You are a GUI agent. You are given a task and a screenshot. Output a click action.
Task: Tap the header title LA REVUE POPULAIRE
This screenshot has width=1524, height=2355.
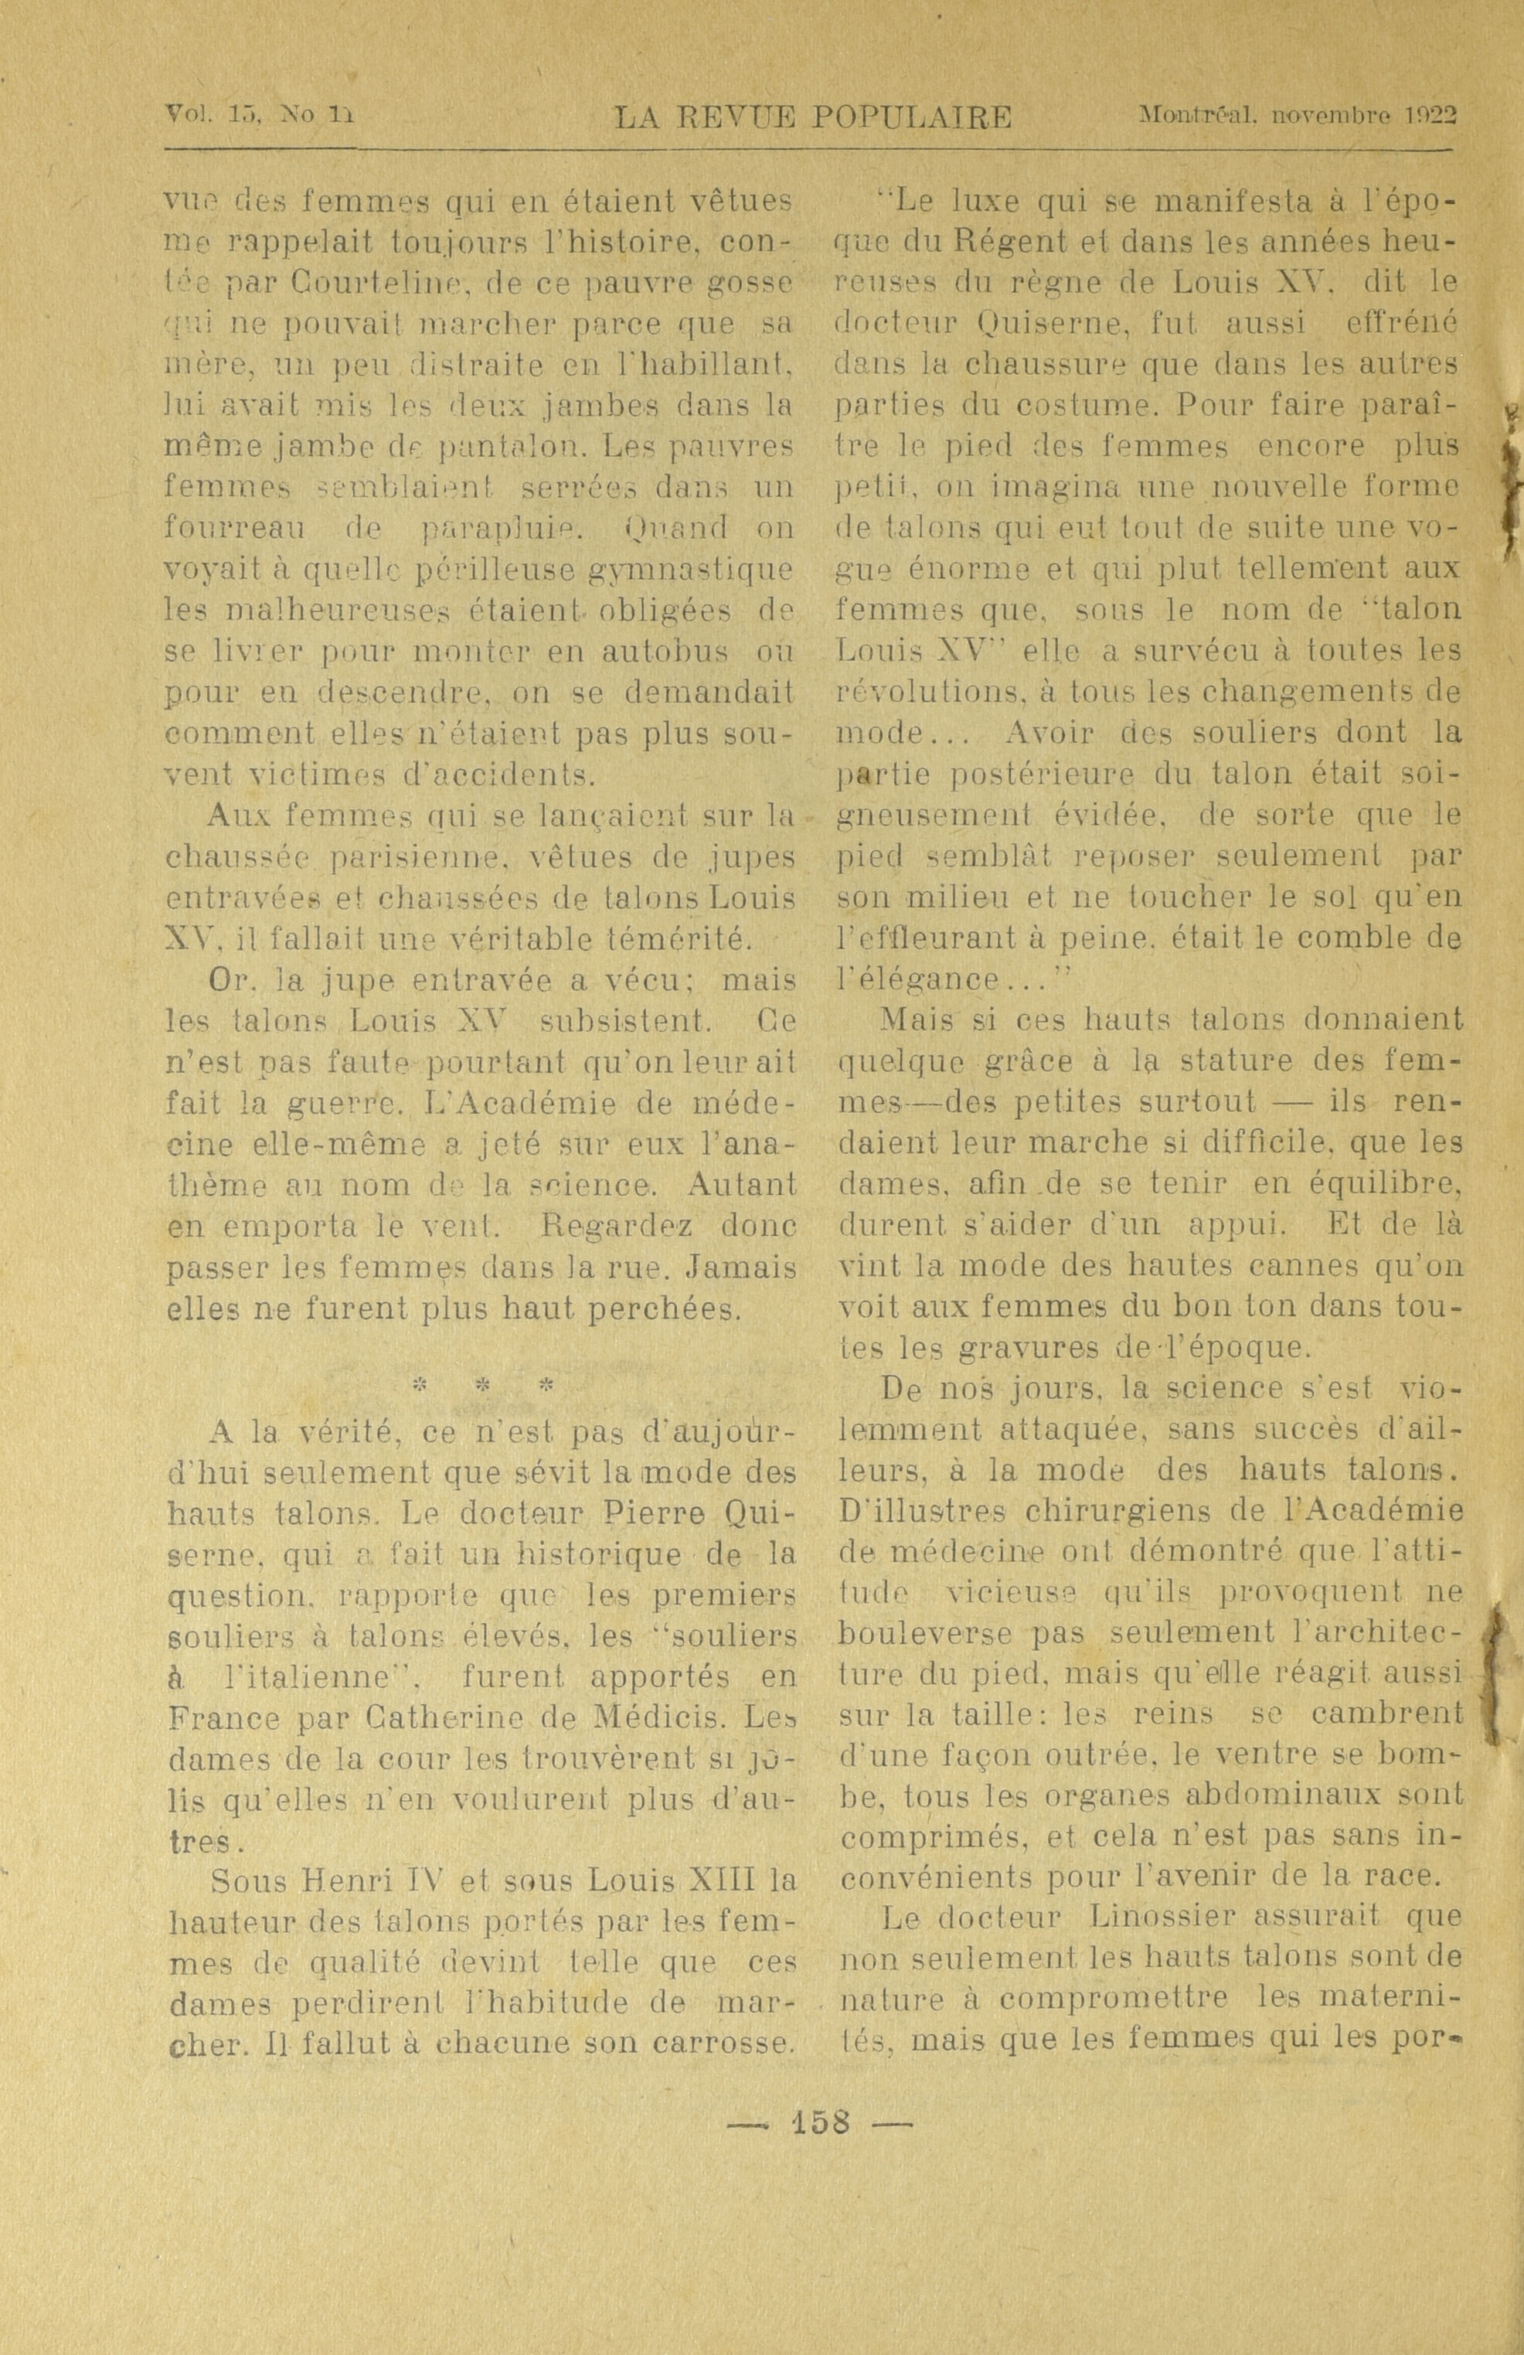click(814, 119)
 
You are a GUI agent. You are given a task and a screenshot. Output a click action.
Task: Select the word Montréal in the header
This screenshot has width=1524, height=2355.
click(1197, 116)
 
